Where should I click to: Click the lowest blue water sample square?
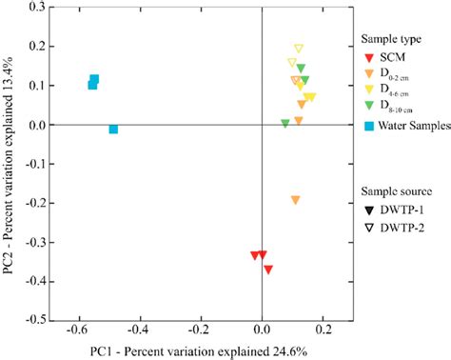[113, 129]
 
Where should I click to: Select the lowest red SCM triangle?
[268, 270]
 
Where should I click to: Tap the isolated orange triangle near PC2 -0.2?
[295, 200]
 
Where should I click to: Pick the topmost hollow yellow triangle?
[298, 49]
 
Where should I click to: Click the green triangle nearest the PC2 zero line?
[285, 123]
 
